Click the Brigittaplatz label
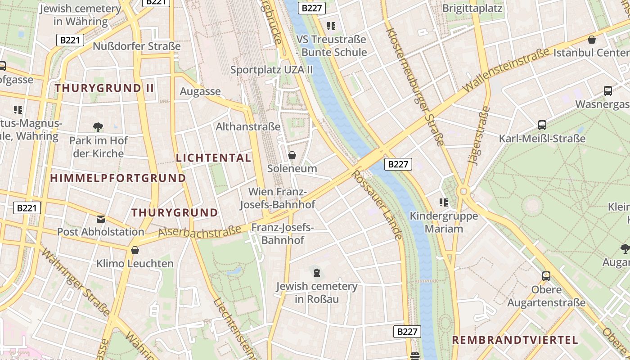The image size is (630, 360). tap(472, 9)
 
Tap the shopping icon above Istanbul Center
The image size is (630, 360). tap(592, 40)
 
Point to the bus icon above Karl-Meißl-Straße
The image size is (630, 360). tap(542, 125)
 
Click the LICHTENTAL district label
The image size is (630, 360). tap(213, 158)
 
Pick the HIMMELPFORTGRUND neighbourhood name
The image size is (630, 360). tap(118, 178)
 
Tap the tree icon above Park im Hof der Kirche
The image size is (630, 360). tap(98, 127)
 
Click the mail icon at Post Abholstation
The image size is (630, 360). tap(101, 219)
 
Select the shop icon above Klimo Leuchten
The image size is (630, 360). tap(135, 250)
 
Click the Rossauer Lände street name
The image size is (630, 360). tap(377, 205)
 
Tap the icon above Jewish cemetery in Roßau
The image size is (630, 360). tap(317, 272)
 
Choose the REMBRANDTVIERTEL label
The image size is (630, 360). tap(515, 340)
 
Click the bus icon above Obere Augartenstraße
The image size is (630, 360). tap(546, 276)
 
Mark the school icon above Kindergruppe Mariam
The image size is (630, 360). tap(444, 202)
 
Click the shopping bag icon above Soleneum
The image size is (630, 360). tap(292, 155)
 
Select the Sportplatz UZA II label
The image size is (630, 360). tap(271, 70)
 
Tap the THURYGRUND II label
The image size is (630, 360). tap(104, 88)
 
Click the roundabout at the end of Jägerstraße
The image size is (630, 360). tap(463, 192)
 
